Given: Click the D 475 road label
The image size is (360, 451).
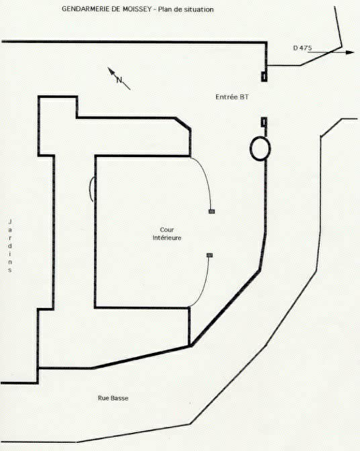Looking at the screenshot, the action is click(x=302, y=48).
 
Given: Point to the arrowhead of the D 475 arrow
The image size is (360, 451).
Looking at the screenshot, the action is click(x=350, y=52).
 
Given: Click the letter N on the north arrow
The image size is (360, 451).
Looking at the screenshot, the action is click(x=119, y=80).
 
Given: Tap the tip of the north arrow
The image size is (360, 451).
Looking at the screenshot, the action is click(x=108, y=68).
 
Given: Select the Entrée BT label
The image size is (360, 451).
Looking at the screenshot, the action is click(x=232, y=97).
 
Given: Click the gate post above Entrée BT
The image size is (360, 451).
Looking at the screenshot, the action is click(x=264, y=77).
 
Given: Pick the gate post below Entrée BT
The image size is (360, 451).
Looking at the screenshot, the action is click(x=264, y=122).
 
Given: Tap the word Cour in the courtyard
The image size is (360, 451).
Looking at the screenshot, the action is click(x=167, y=230).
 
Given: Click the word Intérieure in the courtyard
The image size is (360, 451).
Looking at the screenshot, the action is click(x=167, y=238).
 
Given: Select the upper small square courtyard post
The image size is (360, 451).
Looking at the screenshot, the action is click(x=212, y=211).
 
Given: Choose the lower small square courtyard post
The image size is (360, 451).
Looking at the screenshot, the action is click(x=210, y=255).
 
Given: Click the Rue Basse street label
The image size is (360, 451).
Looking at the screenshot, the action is click(x=113, y=398).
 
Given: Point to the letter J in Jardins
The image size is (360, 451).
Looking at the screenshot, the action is click(x=10, y=221).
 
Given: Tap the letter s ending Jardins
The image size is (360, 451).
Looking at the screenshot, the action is click(x=10, y=270).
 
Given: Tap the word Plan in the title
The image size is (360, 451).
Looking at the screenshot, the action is click(x=165, y=9).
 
